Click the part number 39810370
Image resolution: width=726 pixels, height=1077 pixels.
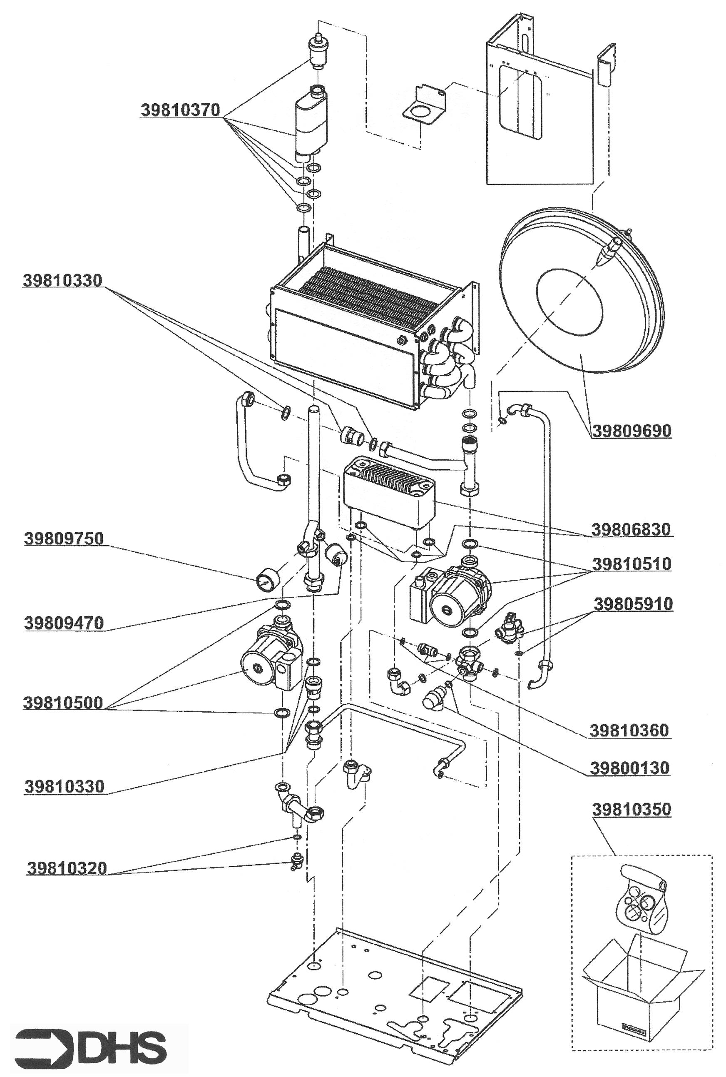180,110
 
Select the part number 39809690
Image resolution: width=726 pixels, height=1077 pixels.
632,431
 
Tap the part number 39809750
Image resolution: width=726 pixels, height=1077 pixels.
64,539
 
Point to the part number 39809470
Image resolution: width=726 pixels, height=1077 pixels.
64,623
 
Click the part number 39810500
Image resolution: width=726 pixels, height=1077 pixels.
63,703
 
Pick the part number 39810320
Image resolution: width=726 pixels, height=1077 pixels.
67,868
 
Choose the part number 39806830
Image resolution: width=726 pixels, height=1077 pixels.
631,529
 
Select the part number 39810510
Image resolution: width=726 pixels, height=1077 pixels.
632,564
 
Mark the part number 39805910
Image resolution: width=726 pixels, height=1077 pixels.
633,604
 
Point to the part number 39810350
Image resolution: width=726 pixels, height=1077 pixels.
631,810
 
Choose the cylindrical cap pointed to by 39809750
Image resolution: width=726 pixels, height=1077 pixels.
266,580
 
